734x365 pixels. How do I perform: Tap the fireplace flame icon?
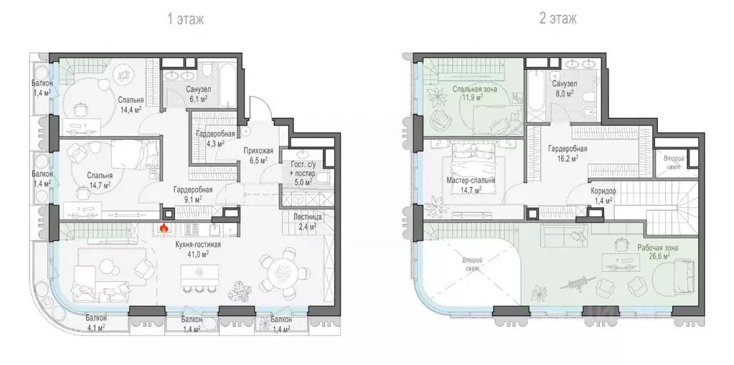tap(164, 229)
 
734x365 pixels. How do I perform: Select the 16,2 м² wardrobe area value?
tap(567, 160)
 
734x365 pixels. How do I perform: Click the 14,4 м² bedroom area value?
tap(130, 111)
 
